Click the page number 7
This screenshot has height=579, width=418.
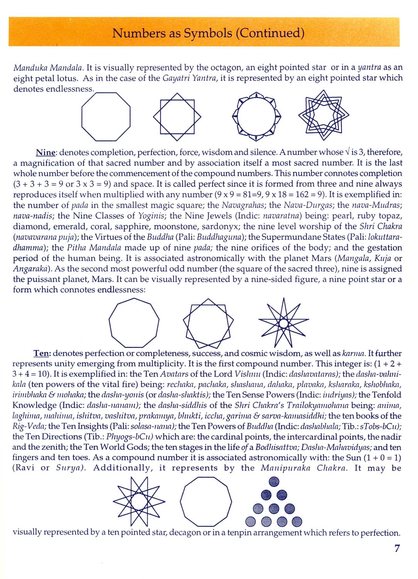[397, 549]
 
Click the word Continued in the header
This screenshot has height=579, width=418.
[270, 33]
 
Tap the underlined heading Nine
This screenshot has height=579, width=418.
[46, 153]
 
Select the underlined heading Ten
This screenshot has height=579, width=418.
[42, 353]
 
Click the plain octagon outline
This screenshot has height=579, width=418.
[106, 116]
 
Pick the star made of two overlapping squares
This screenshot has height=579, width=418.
[177, 116]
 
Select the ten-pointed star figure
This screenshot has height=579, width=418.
[139, 501]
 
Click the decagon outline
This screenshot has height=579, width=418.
[206, 501]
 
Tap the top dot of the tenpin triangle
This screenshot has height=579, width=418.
[274, 481]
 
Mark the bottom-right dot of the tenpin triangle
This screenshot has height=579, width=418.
[297, 522]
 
